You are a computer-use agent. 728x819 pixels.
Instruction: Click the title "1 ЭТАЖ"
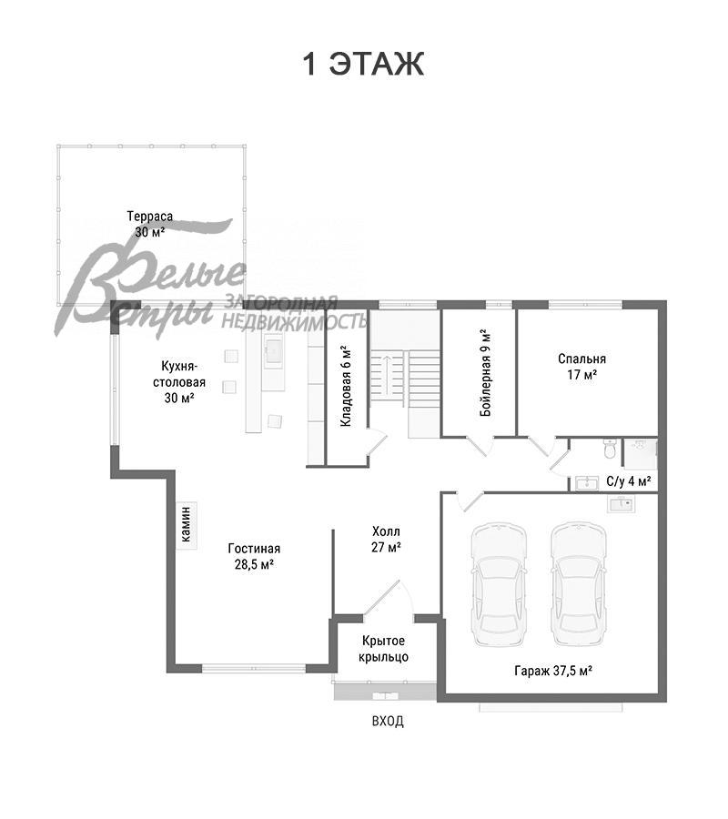363,65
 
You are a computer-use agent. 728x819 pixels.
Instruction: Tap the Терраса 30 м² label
149,224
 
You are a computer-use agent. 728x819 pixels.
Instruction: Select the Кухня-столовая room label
179,382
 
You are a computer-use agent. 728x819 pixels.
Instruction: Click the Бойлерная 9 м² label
486,372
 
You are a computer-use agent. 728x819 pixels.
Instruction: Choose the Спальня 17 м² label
581,367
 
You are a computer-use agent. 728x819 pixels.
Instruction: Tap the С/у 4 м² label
629,481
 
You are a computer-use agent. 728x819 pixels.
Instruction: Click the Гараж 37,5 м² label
553,671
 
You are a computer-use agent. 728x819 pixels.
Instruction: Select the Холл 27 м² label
387,540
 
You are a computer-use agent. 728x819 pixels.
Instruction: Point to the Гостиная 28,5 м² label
254,556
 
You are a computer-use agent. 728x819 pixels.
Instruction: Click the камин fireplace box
187,525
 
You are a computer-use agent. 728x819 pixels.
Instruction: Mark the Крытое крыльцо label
383,649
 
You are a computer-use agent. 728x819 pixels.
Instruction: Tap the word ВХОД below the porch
388,722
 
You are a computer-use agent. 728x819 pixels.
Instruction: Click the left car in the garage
498,584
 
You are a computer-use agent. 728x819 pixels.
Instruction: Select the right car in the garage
579,584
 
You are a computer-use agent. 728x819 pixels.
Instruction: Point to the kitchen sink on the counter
274,351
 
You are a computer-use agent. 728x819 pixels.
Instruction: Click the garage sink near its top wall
621,504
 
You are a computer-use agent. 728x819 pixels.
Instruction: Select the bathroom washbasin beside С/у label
587,482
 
